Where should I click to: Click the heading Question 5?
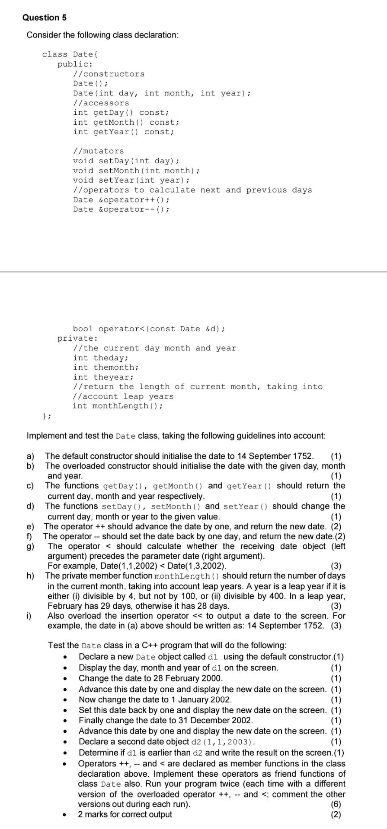[x=45, y=18]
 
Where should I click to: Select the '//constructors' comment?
[x=109, y=74]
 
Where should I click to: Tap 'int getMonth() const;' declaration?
[x=126, y=122]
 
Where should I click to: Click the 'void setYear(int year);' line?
[x=131, y=180]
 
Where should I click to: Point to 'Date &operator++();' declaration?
[x=121, y=199]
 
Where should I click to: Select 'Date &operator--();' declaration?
[x=121, y=209]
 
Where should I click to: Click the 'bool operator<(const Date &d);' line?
[x=149, y=329]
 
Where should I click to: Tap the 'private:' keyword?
[x=78, y=339]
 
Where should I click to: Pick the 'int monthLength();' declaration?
[x=118, y=406]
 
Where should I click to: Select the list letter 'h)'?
[x=30, y=576]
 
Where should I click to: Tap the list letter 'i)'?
[x=29, y=616]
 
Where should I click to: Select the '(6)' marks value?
[x=336, y=804]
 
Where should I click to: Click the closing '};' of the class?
[x=47, y=416]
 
